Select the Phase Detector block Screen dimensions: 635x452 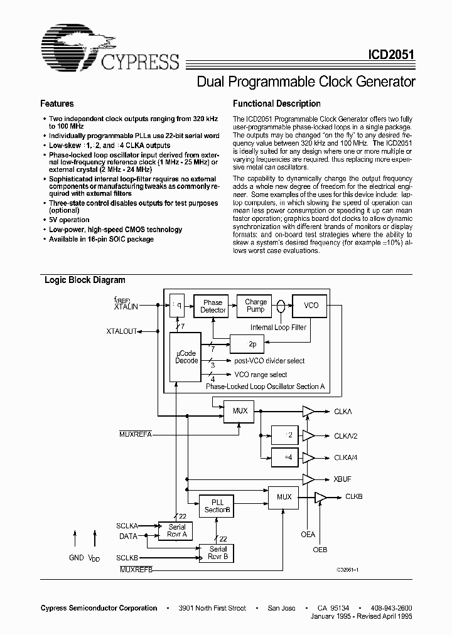click(x=212, y=306)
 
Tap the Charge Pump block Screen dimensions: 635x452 click(x=256, y=306)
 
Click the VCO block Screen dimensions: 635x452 click(x=311, y=306)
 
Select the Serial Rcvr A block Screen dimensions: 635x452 click(x=177, y=531)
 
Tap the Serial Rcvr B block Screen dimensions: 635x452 click(x=218, y=552)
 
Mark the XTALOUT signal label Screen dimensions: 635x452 click(x=121, y=331)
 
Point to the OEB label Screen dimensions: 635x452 click(x=320, y=550)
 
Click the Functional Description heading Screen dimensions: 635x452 click(x=276, y=104)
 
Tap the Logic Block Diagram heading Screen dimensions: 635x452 click(x=85, y=280)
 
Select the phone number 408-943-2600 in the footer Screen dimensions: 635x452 click(x=391, y=608)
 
